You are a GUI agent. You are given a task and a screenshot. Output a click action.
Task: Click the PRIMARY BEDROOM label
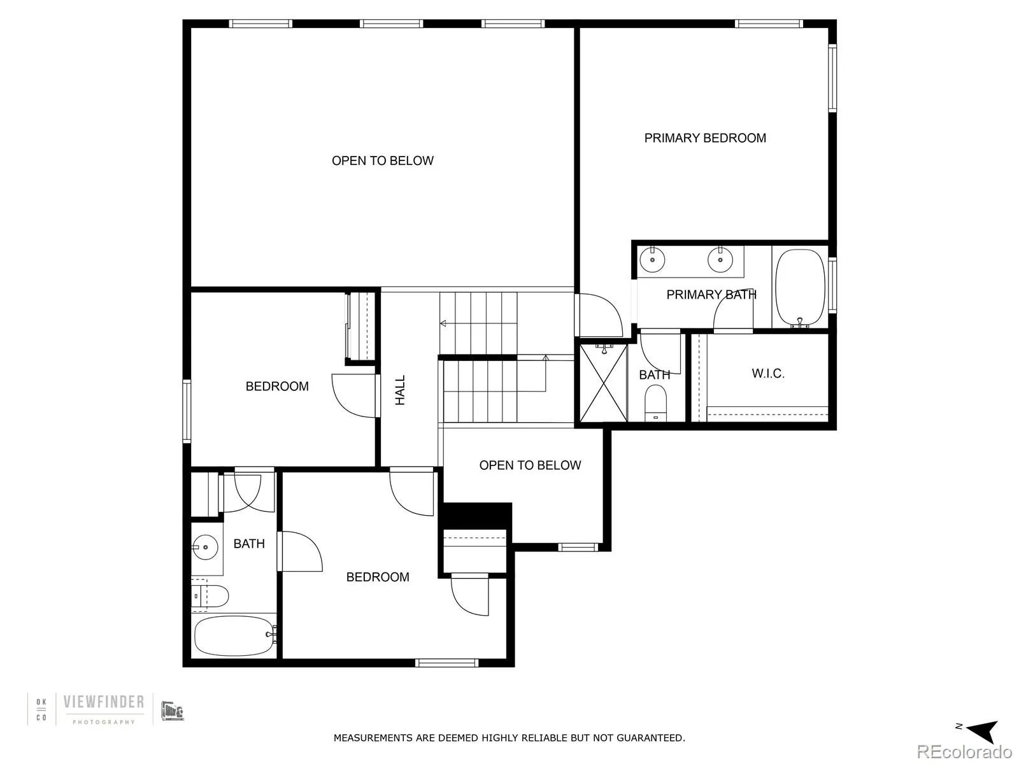pyautogui.click(x=705, y=138)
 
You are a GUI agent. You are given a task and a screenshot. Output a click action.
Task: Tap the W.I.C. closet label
pyautogui.click(x=767, y=374)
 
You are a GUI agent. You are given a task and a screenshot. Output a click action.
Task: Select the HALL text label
pyautogui.click(x=400, y=390)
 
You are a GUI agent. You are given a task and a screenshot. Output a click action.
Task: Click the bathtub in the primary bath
pyautogui.click(x=799, y=288)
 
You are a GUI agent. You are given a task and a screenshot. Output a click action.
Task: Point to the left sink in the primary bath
pyautogui.click(x=652, y=259)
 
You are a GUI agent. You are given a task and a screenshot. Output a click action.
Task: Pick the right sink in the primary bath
pyautogui.click(x=720, y=259)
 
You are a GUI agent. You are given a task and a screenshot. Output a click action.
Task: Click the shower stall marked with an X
pyautogui.click(x=603, y=383)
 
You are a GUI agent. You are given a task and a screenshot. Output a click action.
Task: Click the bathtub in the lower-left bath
pyautogui.click(x=234, y=635)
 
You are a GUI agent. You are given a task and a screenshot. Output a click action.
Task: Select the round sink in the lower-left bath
pyautogui.click(x=205, y=546)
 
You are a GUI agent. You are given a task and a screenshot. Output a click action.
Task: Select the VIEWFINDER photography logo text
pyautogui.click(x=104, y=702)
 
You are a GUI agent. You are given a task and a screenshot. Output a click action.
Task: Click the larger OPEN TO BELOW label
pyautogui.click(x=382, y=161)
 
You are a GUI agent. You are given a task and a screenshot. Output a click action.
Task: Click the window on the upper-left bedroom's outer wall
pyautogui.click(x=187, y=411)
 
